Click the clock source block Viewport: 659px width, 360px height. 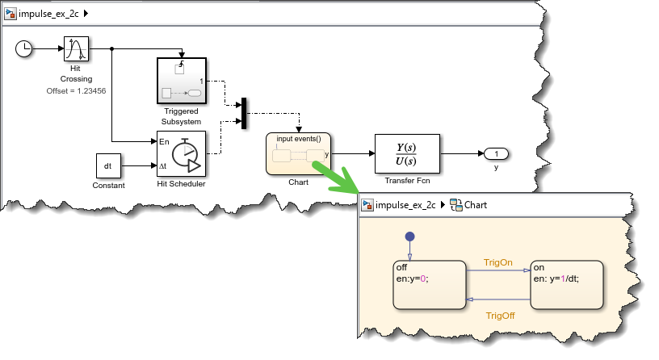coord(24,49)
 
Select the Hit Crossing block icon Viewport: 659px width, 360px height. coord(76,49)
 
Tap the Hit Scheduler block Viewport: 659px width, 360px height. coord(181,153)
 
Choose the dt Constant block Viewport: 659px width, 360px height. coord(108,165)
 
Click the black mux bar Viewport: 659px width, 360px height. coord(243,113)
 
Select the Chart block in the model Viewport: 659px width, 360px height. coord(298,153)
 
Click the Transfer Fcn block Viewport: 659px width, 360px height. coord(407,153)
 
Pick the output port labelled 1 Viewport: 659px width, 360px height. coord(496,153)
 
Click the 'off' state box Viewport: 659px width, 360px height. coord(427,283)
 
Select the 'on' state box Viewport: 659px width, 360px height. coord(565,283)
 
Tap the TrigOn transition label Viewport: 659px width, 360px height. coord(497,262)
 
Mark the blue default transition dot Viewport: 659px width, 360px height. coord(409,237)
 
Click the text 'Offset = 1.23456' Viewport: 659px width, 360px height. coord(76,90)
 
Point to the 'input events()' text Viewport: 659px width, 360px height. coord(298,139)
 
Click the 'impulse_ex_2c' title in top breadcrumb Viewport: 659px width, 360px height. coord(51,15)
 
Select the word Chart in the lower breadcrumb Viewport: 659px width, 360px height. coord(475,205)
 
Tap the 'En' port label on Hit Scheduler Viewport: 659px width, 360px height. coord(164,142)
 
